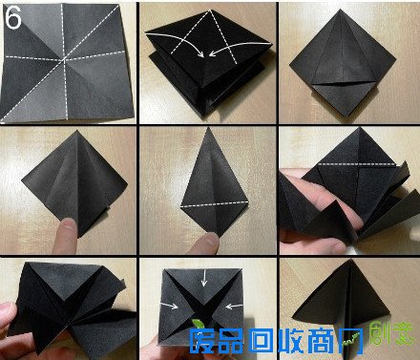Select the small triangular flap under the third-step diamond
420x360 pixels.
coord(348,95)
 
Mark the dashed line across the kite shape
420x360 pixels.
coord(207,202)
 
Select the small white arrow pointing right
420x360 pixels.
coord(173,307)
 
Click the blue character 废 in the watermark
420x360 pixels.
coord(204,340)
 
